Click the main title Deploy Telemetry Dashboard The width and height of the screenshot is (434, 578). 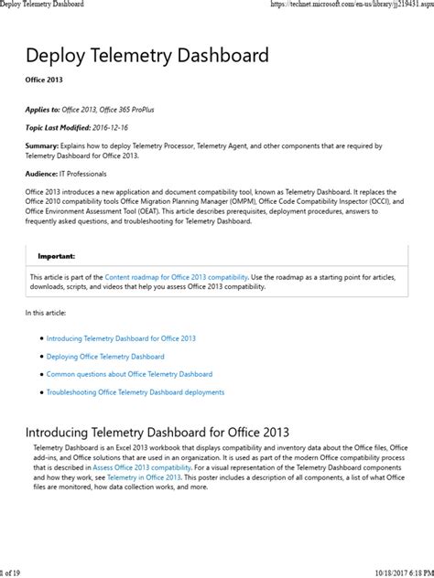pos(147,56)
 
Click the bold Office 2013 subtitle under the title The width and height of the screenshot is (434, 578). pos(44,80)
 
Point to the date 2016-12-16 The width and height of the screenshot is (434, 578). pos(124,129)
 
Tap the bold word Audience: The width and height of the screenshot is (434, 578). pos(46,174)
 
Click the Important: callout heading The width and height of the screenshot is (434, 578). pos(57,257)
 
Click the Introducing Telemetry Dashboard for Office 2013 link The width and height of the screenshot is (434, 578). pos(121,338)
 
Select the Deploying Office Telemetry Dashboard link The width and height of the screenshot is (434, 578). pos(105,357)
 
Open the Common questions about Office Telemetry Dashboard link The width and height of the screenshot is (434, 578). pos(129,374)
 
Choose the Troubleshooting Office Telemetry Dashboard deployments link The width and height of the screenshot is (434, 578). pos(135,392)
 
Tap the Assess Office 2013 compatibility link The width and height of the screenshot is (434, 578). pos(142,466)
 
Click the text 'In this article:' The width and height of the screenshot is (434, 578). pos(46,314)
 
